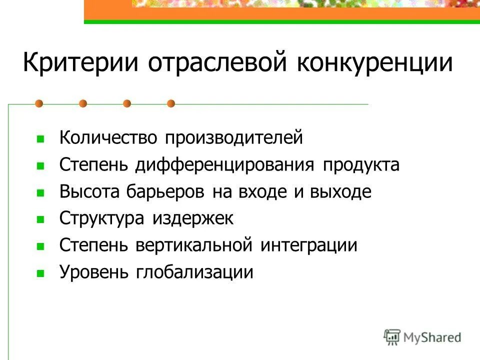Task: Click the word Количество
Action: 108,138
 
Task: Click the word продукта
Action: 361,165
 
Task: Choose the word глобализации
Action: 193,272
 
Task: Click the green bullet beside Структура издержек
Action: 41,219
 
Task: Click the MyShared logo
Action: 422,337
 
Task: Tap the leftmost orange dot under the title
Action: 39,103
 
